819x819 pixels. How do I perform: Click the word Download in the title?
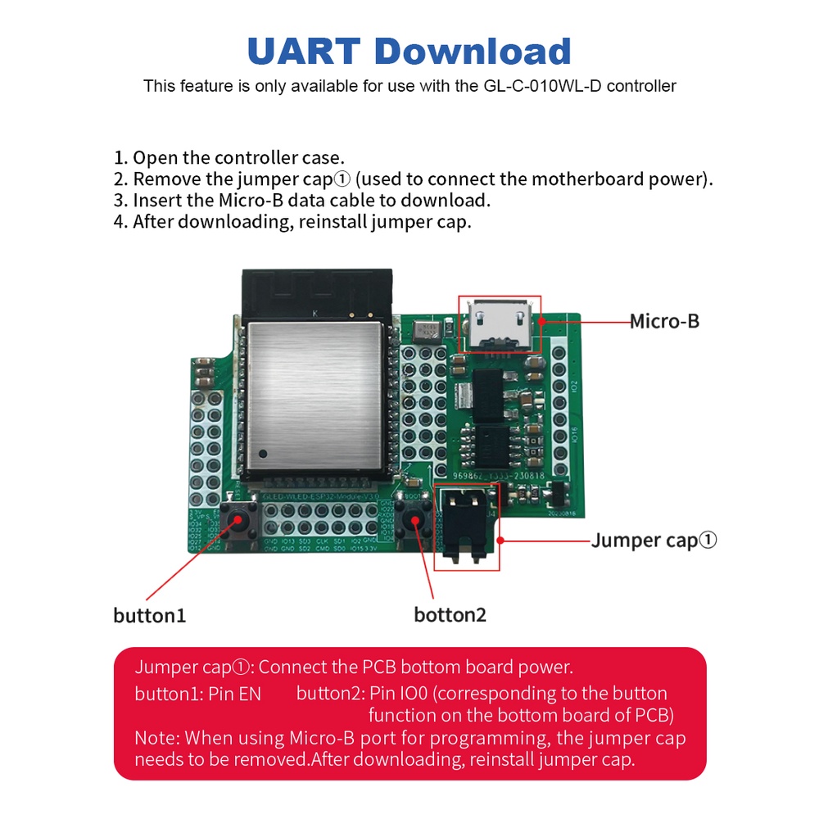click(473, 51)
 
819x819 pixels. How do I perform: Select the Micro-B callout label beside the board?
click(664, 321)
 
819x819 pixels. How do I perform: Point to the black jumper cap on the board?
click(465, 527)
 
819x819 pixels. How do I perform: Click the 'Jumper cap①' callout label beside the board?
click(654, 541)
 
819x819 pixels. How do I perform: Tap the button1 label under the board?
click(150, 615)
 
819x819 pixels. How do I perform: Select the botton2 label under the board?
click(450, 614)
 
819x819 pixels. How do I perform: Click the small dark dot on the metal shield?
click(263, 453)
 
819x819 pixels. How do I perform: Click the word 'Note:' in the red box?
click(157, 737)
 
